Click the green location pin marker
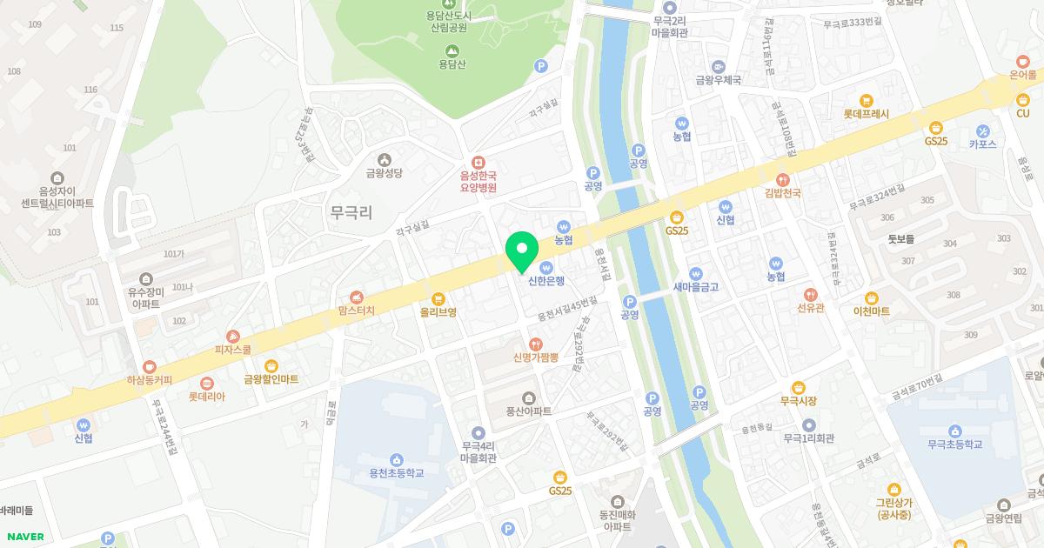click(x=522, y=251)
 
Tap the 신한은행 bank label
click(x=546, y=281)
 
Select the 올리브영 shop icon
click(x=438, y=298)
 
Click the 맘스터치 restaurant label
click(x=356, y=311)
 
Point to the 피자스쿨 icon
click(x=232, y=336)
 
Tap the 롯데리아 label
click(x=206, y=397)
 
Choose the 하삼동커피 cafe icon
click(x=150, y=367)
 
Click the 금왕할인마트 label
click(x=271, y=379)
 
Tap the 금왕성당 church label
click(x=385, y=173)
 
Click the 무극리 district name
click(x=351, y=211)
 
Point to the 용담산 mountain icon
click(x=452, y=50)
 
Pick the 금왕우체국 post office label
click(x=718, y=80)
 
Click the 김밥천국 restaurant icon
click(x=783, y=179)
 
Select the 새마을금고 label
click(x=695, y=287)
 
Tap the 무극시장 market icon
click(x=798, y=387)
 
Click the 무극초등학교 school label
click(x=954, y=444)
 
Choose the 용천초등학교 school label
click(x=397, y=473)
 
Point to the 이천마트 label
click(x=871, y=311)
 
